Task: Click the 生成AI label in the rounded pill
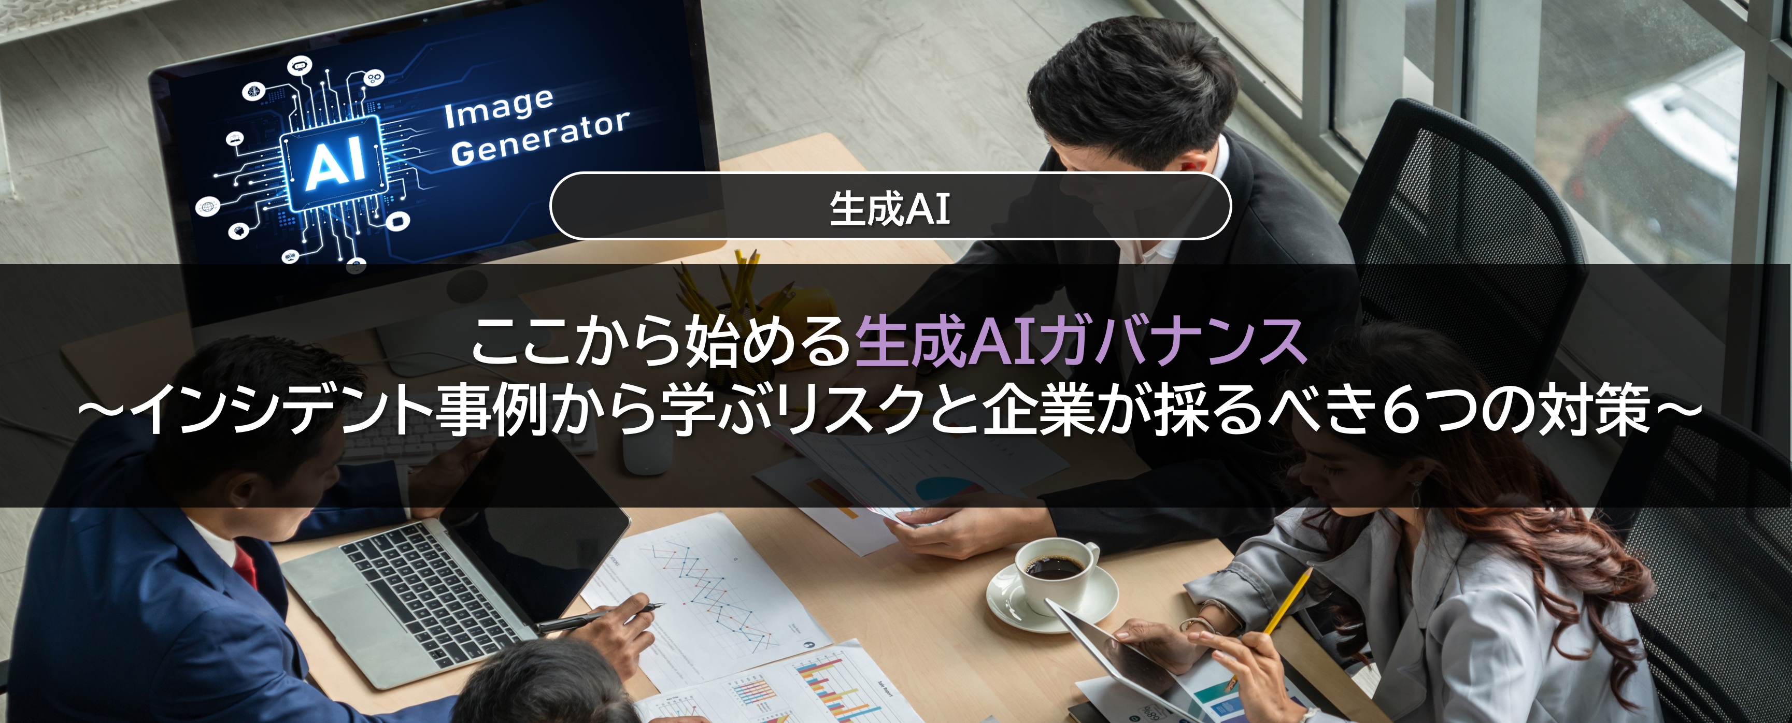click(x=890, y=208)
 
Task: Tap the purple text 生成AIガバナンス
click(x=1080, y=341)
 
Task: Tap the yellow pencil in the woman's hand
click(x=1287, y=602)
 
